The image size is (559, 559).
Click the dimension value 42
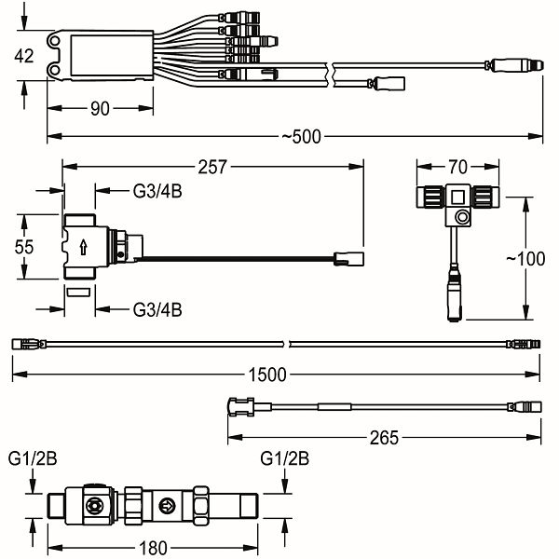coord(23,56)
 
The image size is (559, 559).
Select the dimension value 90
coord(101,110)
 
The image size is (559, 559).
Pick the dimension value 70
coord(457,169)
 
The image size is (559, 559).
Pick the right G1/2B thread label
coord(284,460)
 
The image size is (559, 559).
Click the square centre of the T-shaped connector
coord(458,198)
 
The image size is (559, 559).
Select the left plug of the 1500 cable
coord(26,344)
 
